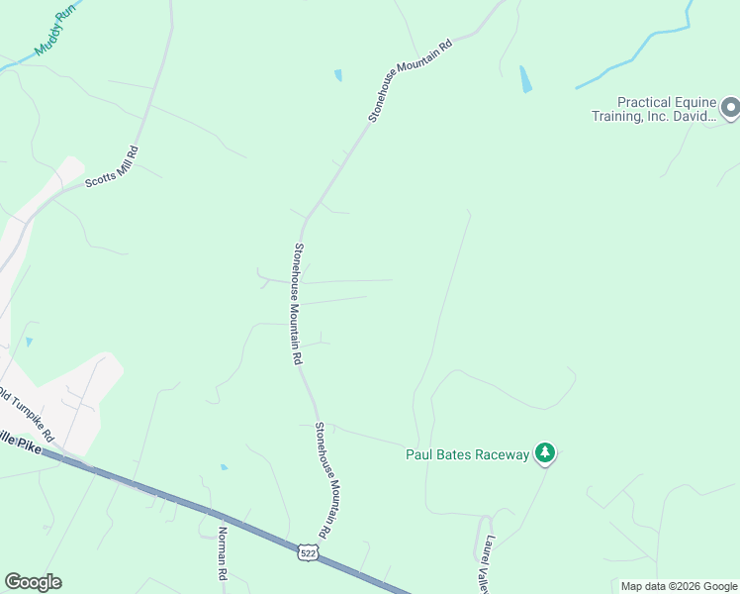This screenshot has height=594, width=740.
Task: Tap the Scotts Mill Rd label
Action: tap(111, 168)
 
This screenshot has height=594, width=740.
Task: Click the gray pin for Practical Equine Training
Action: tap(730, 107)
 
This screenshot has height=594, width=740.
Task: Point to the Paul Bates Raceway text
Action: tap(468, 454)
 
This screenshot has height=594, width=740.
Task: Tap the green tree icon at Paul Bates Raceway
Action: tap(544, 453)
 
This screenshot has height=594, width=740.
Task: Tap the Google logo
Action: tap(33, 582)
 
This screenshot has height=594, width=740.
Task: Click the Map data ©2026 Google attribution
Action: tap(679, 586)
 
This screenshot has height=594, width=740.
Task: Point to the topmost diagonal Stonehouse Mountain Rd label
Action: tap(410, 80)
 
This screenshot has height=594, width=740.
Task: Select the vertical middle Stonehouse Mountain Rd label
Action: tap(296, 305)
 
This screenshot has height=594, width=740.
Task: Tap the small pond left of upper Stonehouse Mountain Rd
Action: tap(338, 75)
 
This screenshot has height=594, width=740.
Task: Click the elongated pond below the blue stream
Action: tap(525, 79)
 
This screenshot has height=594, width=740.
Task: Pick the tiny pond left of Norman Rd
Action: tap(225, 466)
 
